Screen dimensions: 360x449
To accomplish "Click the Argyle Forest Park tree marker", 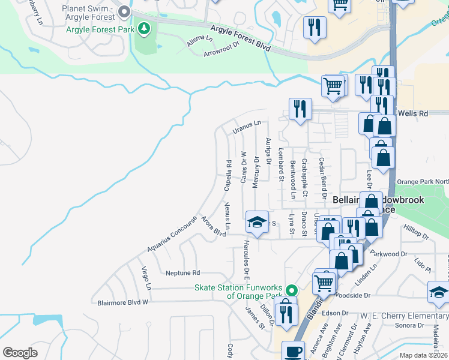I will [x=143, y=28].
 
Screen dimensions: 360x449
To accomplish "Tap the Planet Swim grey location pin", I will [x=124, y=11].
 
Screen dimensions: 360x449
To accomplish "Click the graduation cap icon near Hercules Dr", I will [x=256, y=223].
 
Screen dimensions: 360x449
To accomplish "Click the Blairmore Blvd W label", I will [x=122, y=303].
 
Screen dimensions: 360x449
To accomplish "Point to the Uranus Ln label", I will [x=247, y=123].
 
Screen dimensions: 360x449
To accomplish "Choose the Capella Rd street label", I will [x=228, y=175].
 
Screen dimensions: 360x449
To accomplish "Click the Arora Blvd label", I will [x=213, y=226].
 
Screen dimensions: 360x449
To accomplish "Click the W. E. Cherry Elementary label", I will [x=404, y=316].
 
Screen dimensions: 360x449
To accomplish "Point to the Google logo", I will [x=20, y=352].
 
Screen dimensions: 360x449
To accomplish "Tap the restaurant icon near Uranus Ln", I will [x=300, y=109].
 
